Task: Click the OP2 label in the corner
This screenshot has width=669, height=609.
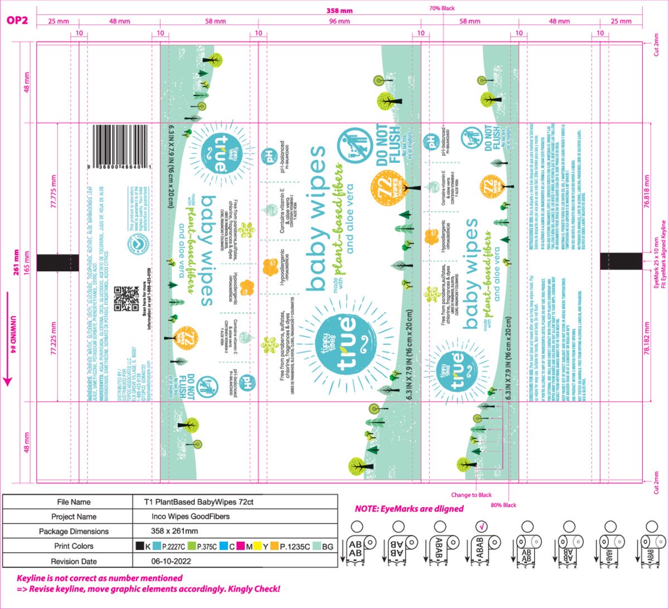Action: pos(17,21)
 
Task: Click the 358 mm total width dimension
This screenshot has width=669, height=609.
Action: pos(340,11)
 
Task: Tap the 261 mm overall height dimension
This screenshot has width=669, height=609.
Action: pos(16,262)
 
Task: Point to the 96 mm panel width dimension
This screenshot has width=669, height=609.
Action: pos(340,21)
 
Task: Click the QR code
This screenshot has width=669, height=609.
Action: pos(127,299)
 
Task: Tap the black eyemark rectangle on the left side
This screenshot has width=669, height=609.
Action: pos(58,262)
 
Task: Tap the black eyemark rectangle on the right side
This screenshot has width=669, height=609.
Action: pos(620,261)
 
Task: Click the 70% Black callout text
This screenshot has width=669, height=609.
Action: pos(442,8)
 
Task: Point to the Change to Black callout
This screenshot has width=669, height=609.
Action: pos(472,495)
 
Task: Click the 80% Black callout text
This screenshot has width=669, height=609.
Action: pos(503,505)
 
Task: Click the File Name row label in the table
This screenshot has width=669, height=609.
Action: pos(74,502)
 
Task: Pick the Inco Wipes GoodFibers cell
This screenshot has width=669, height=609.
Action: pos(190,517)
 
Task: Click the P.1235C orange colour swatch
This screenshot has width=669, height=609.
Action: pos(274,547)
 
